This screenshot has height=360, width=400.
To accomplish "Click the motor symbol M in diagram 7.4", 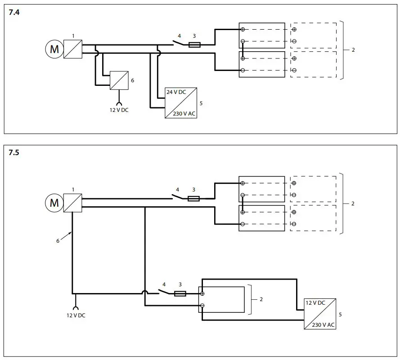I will (54, 49).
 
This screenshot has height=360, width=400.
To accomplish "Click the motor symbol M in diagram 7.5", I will (54, 203).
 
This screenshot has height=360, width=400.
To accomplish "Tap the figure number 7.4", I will (14, 13).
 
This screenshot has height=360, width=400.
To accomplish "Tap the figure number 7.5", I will (14, 153).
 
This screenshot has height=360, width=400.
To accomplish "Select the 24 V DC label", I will (176, 92).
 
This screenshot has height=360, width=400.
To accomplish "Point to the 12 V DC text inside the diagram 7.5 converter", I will (315, 303).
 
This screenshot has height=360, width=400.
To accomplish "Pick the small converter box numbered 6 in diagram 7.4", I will (119, 80).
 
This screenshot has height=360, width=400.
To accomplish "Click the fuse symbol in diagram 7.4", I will (195, 44).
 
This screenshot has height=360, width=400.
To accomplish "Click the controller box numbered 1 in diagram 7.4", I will (73, 49).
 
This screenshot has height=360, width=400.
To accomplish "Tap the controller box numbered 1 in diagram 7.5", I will (73, 203).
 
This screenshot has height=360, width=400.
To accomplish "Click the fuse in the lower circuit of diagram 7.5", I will (180, 293).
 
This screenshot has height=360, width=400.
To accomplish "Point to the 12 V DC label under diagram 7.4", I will (119, 110).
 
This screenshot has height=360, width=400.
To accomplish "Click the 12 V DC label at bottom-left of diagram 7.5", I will (76, 315).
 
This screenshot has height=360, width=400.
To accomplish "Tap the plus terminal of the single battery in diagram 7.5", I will (202, 293).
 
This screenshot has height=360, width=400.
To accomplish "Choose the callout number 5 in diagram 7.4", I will (201, 103).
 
